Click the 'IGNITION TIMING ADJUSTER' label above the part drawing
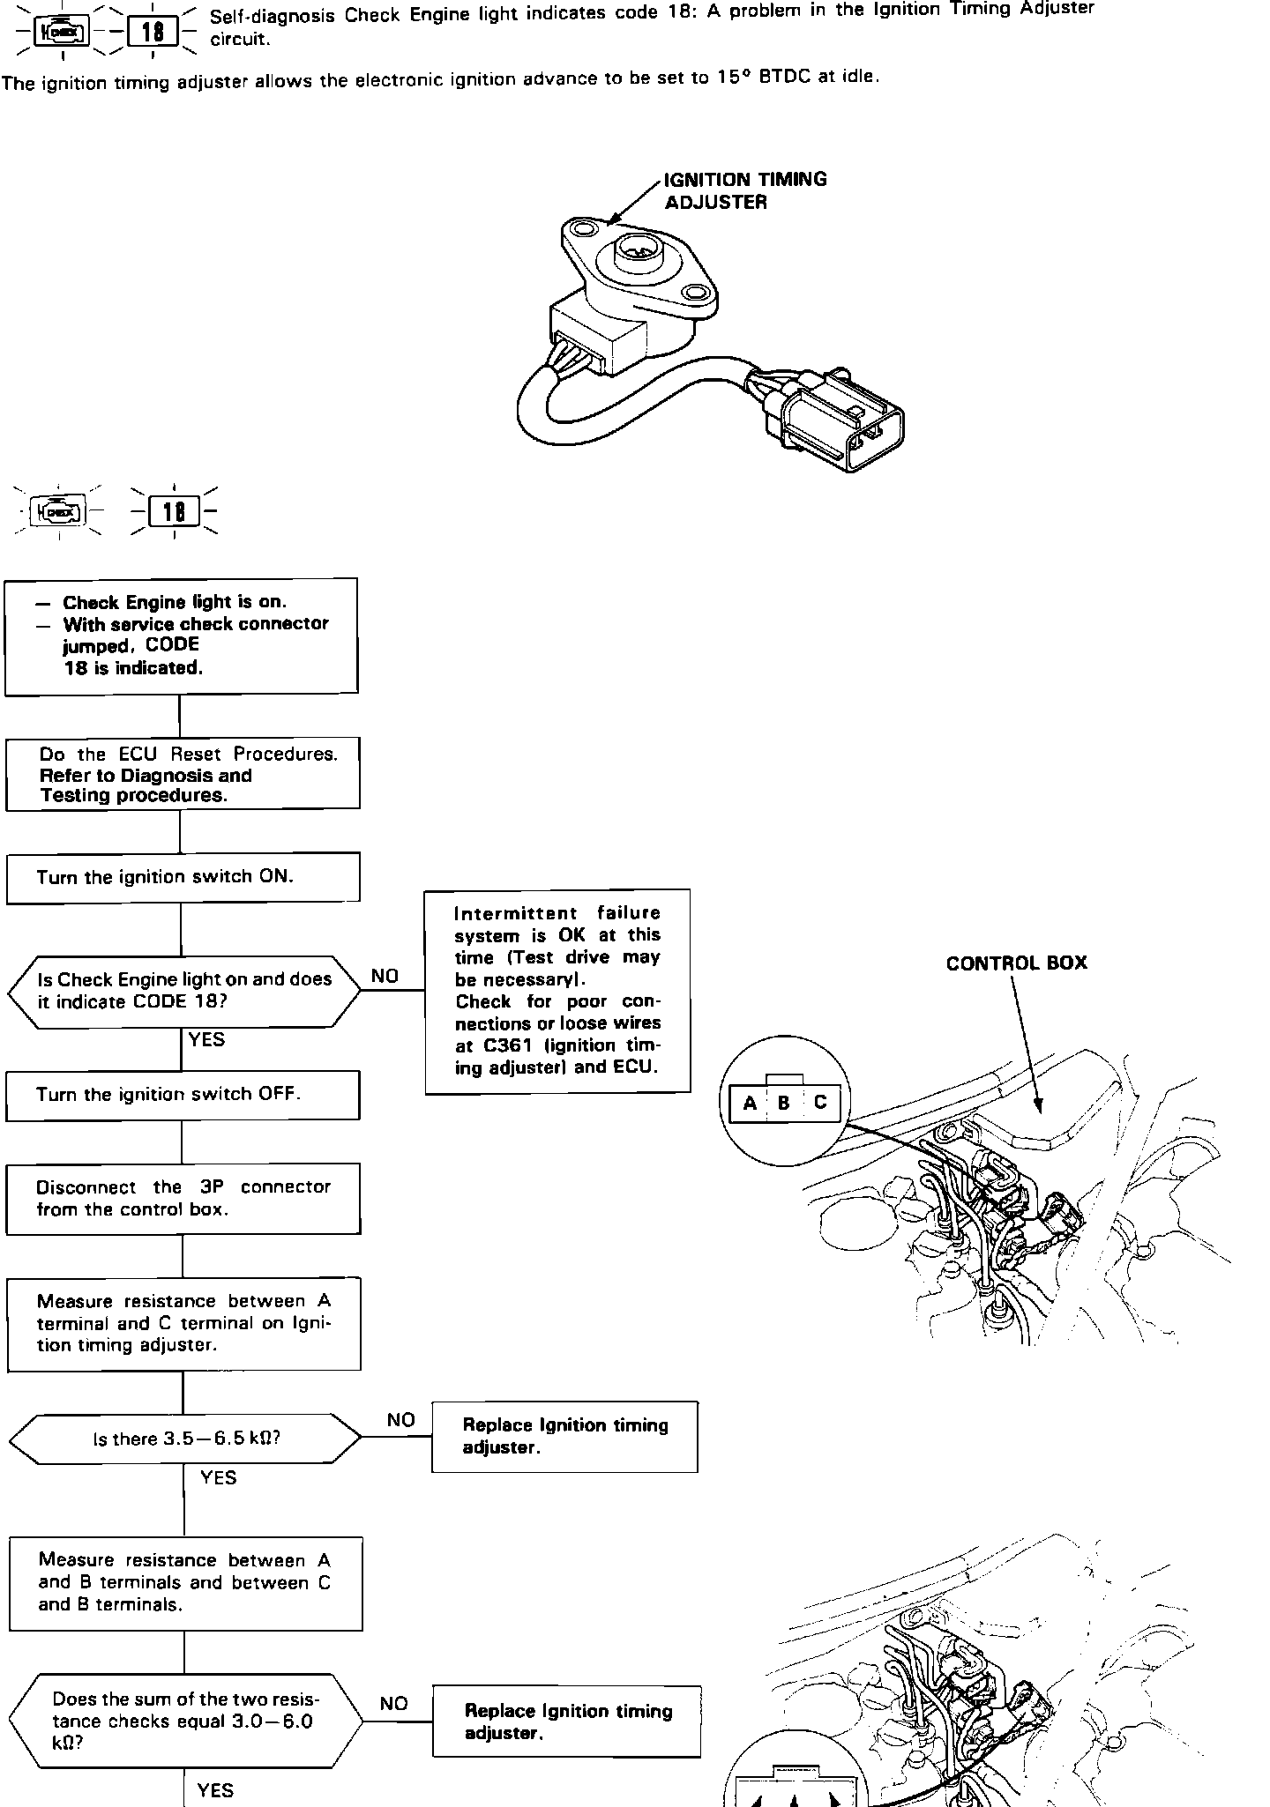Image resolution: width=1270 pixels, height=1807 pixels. [745, 190]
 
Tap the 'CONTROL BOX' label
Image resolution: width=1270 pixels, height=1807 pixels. [1016, 963]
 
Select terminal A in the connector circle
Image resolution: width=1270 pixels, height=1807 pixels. [750, 1103]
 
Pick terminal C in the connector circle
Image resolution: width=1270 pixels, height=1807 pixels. [821, 1103]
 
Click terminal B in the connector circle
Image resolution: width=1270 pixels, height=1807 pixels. [784, 1103]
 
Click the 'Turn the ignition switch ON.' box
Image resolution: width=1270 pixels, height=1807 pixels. [183, 877]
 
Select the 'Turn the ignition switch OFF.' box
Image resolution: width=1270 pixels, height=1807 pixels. [183, 1095]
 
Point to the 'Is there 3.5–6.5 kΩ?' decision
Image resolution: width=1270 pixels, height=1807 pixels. [185, 1439]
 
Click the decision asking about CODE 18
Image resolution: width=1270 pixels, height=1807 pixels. [184, 991]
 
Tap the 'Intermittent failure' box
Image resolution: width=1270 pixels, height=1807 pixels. [557, 991]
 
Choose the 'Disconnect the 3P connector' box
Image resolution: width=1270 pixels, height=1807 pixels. [183, 1198]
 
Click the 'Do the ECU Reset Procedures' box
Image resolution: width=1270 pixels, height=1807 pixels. [183, 774]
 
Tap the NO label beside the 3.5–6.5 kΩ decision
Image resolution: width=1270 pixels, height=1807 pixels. [400, 1420]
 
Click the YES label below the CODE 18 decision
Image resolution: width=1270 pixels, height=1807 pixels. [206, 1040]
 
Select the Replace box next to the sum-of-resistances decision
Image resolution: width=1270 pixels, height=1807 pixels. [566, 1721]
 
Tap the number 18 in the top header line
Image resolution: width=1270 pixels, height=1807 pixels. [152, 33]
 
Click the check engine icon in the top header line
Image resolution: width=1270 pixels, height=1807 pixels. [61, 33]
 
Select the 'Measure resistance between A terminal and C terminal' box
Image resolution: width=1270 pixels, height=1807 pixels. [183, 1323]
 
